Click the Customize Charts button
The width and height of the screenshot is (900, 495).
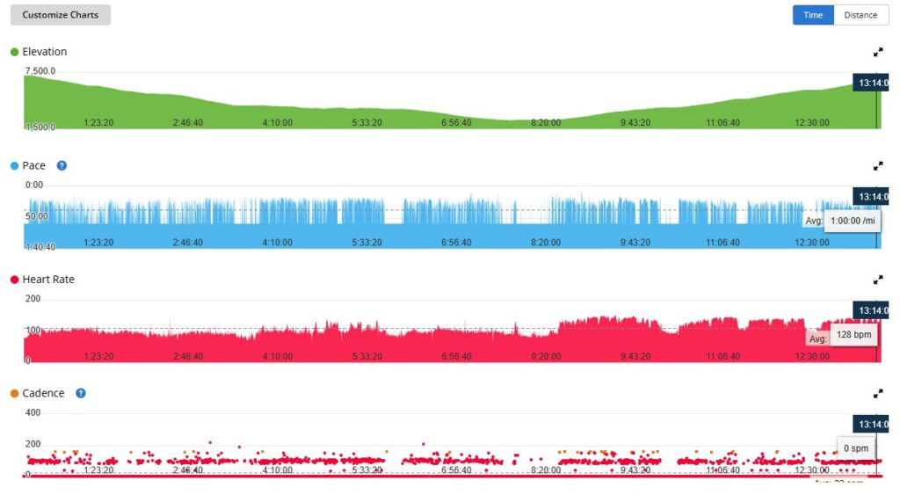coord(61,15)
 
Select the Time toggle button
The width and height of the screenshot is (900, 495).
coord(813,15)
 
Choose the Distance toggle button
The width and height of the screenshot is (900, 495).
coord(860,15)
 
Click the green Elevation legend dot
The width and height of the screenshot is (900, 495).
coord(14,52)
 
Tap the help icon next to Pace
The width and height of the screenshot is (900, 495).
coord(62,165)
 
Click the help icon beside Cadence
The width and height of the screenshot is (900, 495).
coord(81,393)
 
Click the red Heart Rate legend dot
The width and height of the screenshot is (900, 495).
coord(14,280)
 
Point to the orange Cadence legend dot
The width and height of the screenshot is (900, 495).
coord(14,393)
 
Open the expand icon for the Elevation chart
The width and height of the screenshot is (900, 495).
coord(877,52)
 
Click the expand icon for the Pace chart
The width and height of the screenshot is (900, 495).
coord(877,165)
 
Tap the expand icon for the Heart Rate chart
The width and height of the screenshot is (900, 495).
coord(877,280)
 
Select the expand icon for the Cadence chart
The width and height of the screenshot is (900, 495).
coord(877,393)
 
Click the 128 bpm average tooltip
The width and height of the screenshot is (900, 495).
coord(853,336)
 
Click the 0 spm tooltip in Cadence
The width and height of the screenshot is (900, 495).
coord(855,448)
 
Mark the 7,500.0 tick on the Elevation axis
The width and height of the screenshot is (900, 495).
coord(40,70)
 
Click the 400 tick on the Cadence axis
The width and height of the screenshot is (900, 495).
coord(33,412)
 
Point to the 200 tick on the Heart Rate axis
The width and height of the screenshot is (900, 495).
coord(33,299)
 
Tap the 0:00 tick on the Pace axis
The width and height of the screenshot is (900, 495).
coord(34,185)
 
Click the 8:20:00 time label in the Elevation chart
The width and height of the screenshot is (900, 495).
coord(546,122)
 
